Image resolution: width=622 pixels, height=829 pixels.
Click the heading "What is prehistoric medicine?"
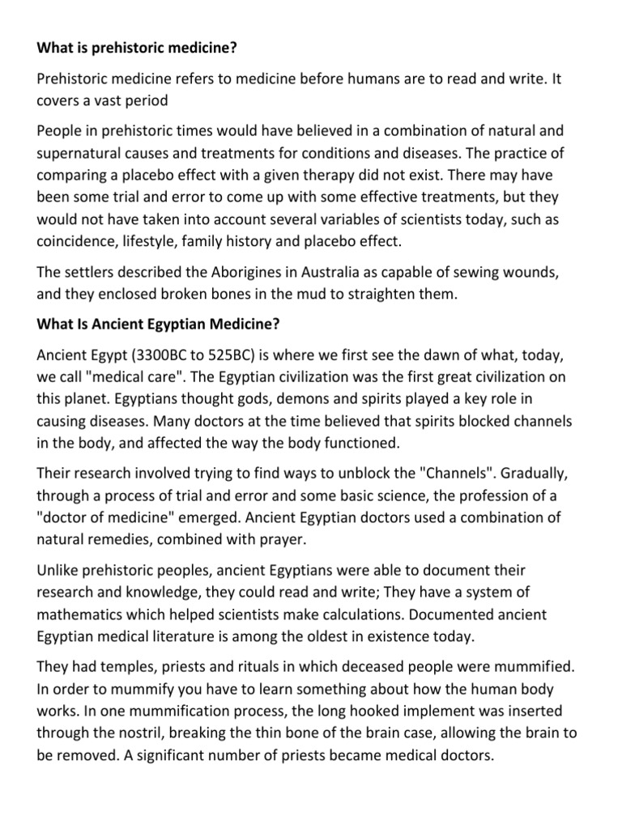click(x=137, y=48)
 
